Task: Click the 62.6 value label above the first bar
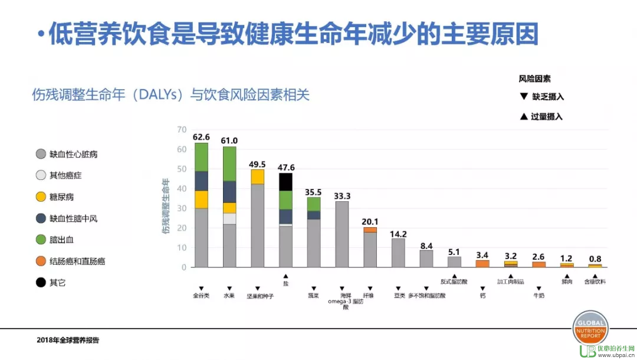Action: pos(201,138)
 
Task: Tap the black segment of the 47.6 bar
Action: pos(285,182)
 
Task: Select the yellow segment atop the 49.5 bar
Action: pos(257,176)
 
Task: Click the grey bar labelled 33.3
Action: pos(342,234)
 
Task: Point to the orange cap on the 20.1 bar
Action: pos(370,230)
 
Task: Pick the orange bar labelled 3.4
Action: pos(482,263)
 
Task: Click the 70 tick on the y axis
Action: pos(181,130)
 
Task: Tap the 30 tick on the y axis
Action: pos(181,208)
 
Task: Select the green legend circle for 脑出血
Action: pos(41,240)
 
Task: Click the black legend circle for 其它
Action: pos(41,282)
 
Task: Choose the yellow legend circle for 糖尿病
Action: pos(41,197)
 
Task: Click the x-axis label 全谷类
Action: pos(201,295)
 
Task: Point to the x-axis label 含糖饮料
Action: pos(595,283)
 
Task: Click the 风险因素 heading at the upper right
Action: pos(534,78)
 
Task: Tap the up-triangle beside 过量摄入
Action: pos(523,116)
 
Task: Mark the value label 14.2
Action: pos(399,234)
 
